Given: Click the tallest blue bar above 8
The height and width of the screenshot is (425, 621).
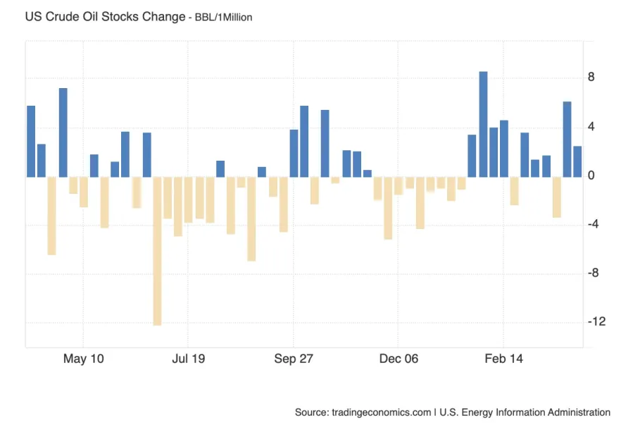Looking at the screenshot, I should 483,123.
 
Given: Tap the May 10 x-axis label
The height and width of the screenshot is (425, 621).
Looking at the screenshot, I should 83,359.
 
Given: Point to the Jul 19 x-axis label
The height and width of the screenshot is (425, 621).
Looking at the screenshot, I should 188,359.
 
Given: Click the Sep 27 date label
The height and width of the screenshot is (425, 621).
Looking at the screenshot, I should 294,359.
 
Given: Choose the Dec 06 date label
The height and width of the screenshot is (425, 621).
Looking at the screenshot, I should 399,359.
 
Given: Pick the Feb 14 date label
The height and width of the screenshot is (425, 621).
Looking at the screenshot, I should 504,359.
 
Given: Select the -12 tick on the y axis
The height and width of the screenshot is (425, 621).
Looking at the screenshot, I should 596,322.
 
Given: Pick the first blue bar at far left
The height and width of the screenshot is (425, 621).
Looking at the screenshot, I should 31,141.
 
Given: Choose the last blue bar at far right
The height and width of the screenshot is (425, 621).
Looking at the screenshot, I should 577,161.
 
